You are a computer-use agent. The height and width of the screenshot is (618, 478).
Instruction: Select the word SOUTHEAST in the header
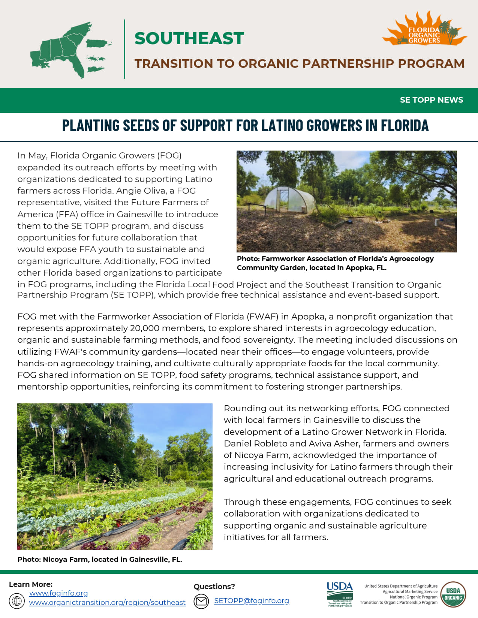coord(189,39)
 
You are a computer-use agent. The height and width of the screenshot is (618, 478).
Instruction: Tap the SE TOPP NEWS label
coord(431,100)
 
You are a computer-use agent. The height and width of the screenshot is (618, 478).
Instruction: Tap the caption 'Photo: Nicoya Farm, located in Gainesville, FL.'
coord(100,559)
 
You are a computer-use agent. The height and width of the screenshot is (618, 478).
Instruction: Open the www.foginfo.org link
coord(58,593)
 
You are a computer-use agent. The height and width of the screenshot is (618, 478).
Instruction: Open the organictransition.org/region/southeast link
coord(107,602)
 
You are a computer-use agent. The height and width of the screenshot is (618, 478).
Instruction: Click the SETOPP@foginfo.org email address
coord(252,600)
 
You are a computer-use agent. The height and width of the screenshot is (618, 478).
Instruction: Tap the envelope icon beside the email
coord(201,601)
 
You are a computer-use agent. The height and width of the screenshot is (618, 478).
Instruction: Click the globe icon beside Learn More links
coord(17,601)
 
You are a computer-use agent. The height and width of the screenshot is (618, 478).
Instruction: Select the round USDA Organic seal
coord(453,594)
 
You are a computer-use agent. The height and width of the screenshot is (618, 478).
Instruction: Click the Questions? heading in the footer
coord(214,587)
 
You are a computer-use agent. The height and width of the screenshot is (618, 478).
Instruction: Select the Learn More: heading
coord(31,584)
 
